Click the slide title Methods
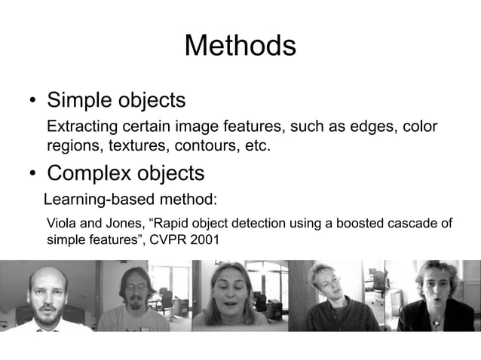tap(240, 46)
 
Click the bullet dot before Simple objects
tap(32, 102)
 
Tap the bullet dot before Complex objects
tap(32, 175)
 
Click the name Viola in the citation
tap(61, 224)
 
